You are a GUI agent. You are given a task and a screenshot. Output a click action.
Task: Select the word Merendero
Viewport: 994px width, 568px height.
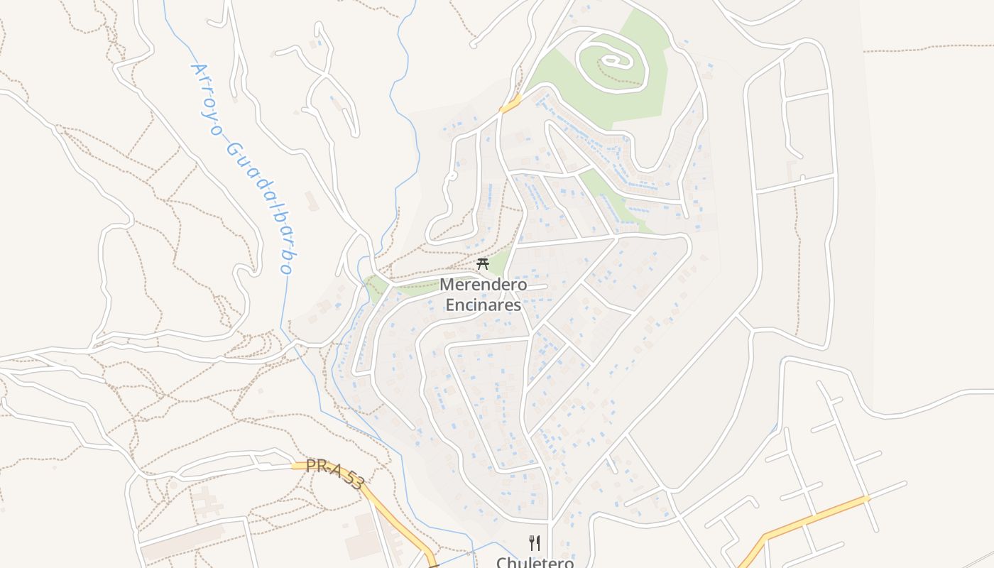(484, 285)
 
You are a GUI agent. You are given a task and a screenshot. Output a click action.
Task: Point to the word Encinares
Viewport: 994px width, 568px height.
(484, 305)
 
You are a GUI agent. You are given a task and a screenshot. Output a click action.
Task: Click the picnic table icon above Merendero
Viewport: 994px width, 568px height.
(483, 264)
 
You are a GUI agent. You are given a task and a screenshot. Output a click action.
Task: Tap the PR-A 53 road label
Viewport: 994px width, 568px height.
(334, 474)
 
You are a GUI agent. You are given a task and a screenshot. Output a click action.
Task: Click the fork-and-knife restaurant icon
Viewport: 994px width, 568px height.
(535, 543)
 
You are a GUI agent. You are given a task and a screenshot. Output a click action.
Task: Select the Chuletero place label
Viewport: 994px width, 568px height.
(535, 562)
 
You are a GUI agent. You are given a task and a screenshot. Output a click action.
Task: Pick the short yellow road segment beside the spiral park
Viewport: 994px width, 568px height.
(510, 104)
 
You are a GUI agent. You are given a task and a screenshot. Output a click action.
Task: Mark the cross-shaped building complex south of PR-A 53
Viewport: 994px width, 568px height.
(205, 501)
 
